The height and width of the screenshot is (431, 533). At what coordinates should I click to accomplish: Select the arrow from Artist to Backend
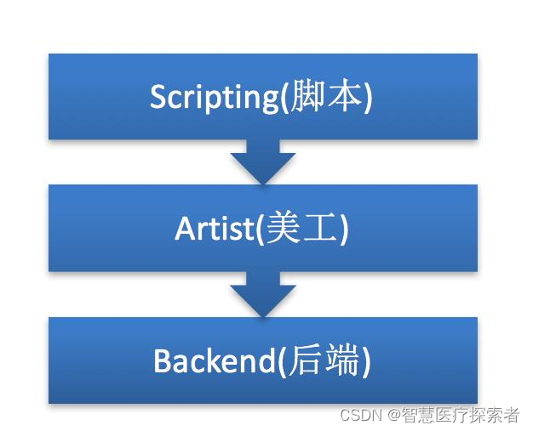tap(262, 294)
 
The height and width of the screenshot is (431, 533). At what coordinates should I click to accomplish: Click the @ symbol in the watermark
tap(394, 415)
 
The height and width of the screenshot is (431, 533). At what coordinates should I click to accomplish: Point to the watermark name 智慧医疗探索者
tap(461, 415)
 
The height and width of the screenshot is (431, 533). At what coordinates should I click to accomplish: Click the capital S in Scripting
tap(158, 98)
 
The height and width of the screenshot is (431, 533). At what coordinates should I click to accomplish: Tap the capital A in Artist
tap(185, 229)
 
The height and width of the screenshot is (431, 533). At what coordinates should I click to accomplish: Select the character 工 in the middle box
tap(323, 230)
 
